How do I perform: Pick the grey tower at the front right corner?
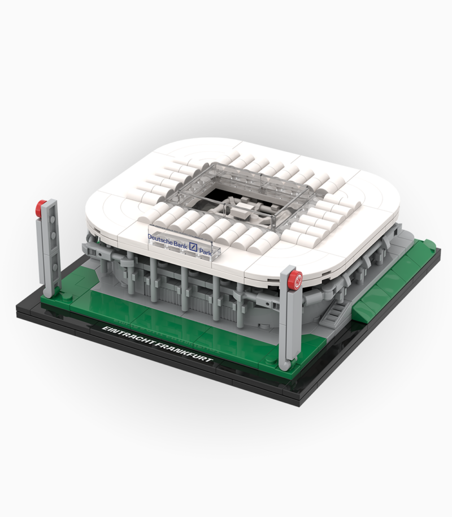(x=290, y=322)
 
